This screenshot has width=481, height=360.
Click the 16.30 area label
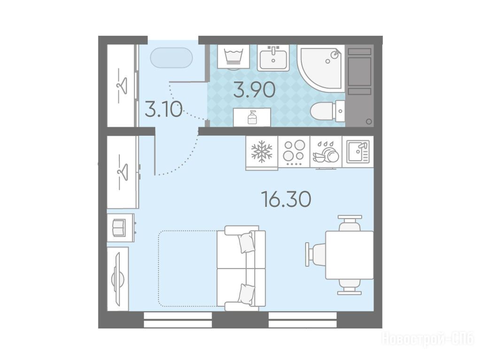286,199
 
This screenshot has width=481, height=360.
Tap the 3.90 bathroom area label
254,90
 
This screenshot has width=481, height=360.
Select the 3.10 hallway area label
163,110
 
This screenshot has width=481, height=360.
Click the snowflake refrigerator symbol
262,152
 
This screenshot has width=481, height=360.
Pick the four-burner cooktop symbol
294,152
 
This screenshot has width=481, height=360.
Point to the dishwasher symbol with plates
326,153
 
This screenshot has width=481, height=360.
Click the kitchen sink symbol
358,152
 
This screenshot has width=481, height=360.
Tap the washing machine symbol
233,56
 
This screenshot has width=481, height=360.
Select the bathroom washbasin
273,58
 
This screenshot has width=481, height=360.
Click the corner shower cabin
320,68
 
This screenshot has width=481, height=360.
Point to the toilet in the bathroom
327,110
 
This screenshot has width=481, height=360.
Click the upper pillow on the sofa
247,242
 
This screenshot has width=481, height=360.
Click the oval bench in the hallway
171,58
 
